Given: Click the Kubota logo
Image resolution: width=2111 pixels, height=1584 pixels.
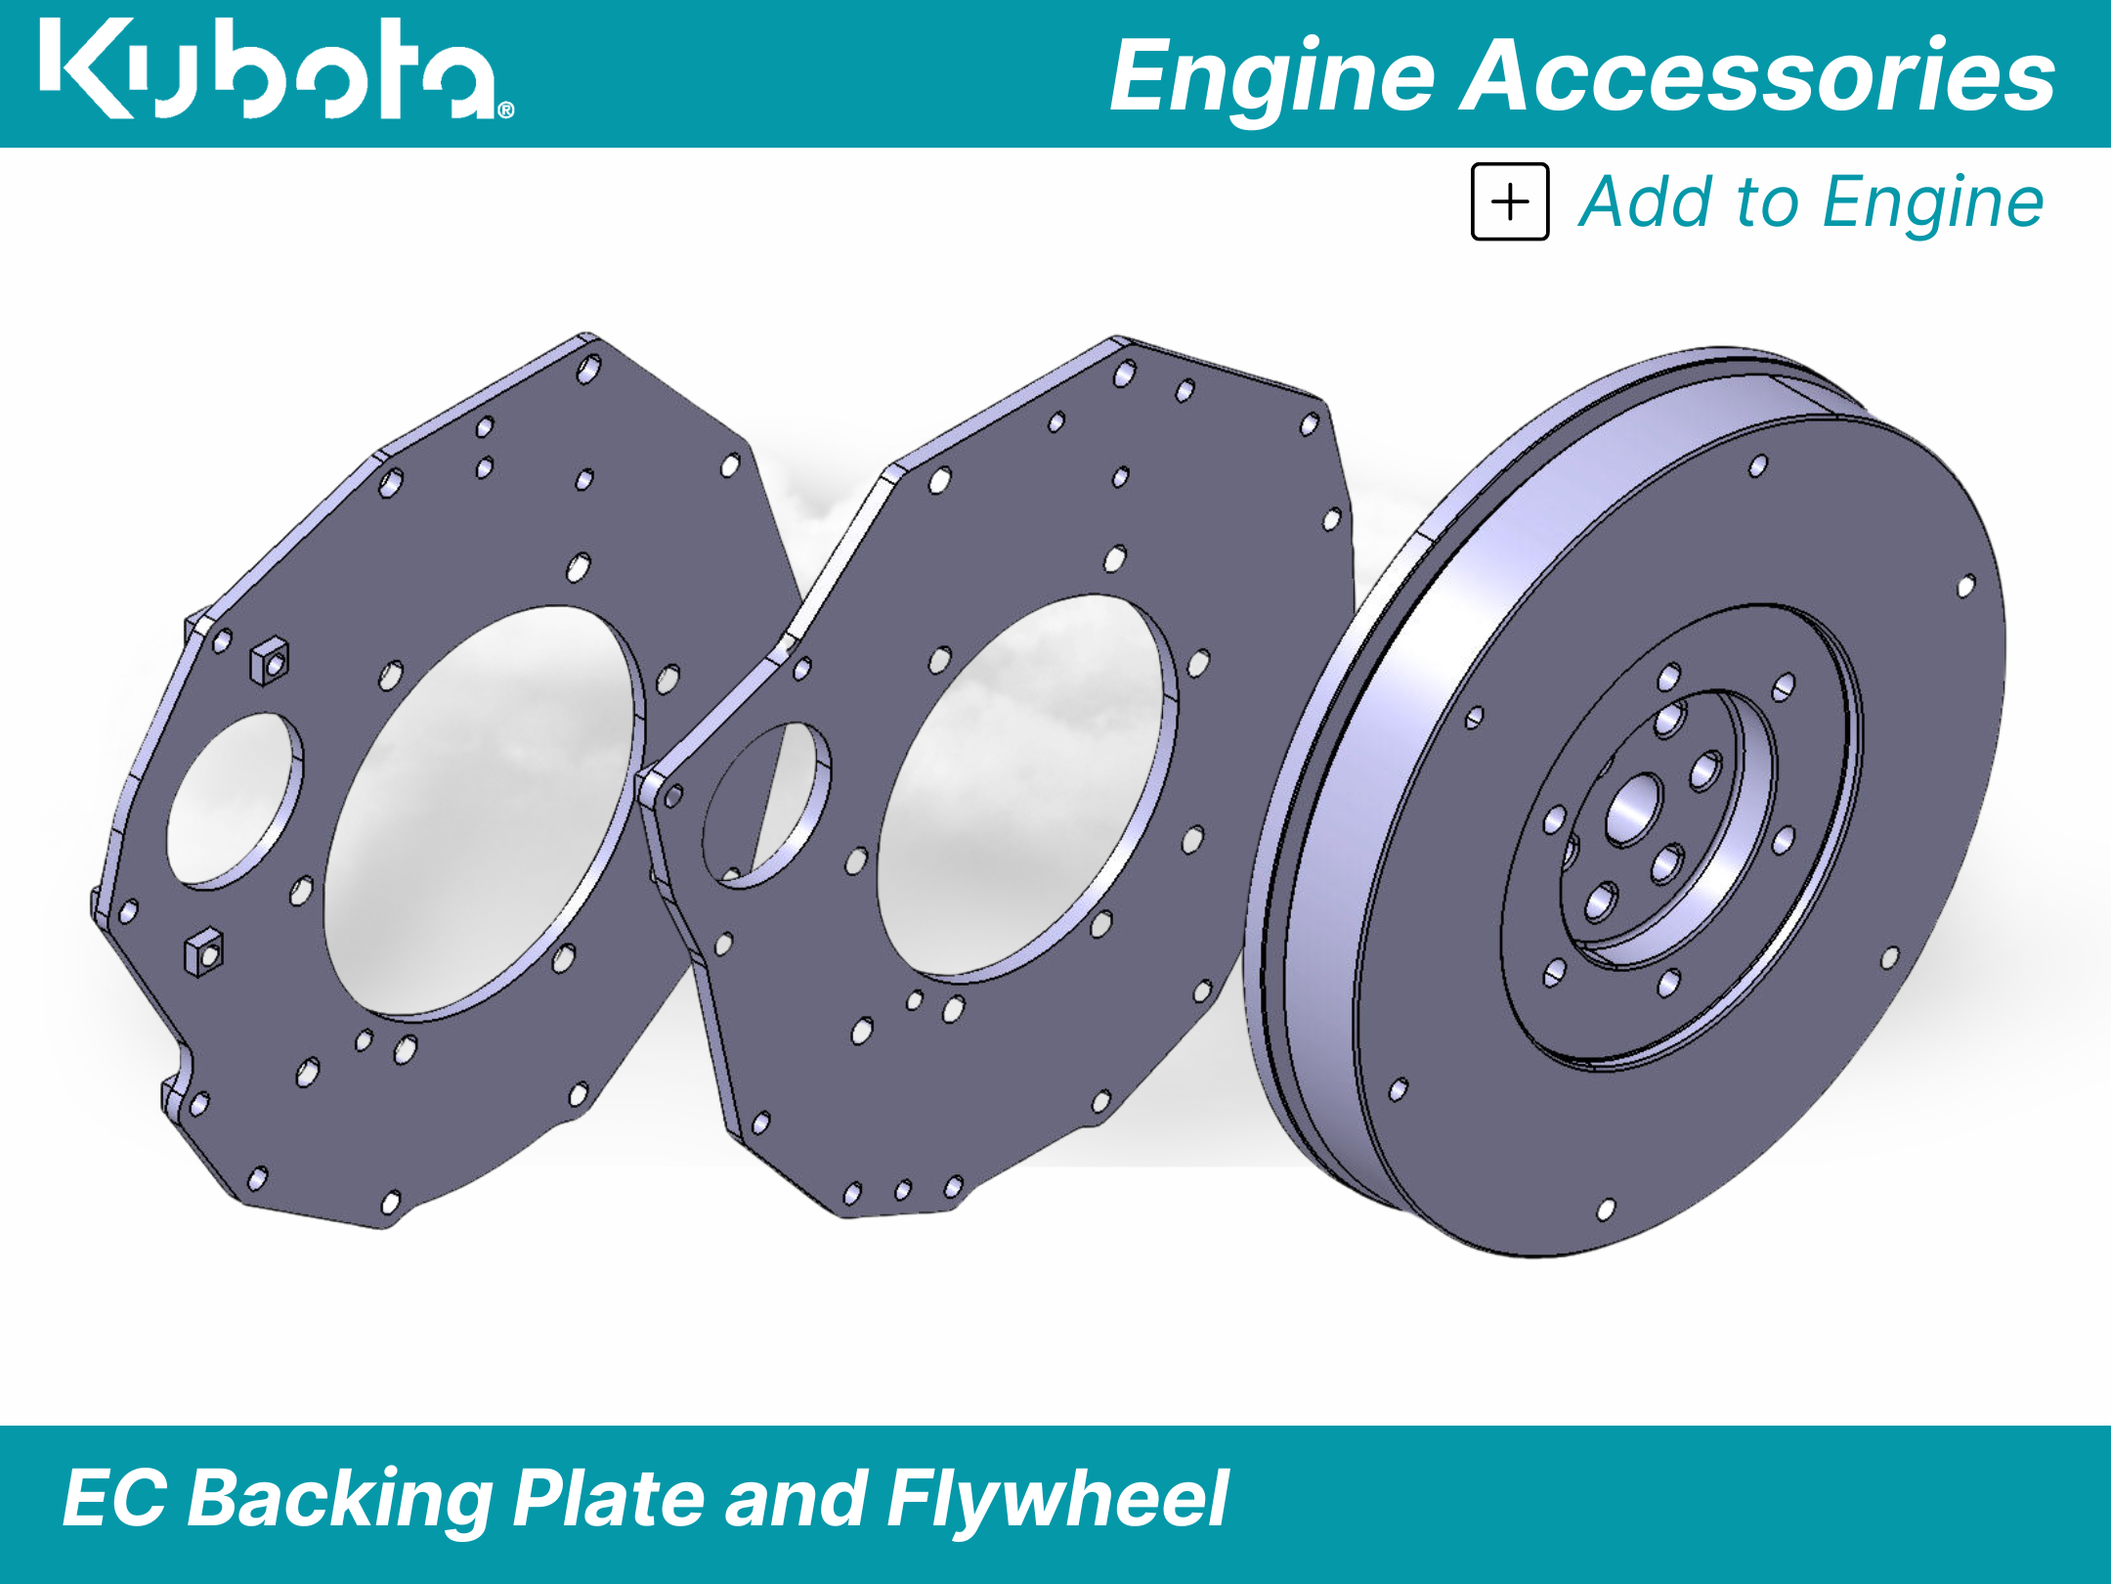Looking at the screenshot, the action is point(277,69).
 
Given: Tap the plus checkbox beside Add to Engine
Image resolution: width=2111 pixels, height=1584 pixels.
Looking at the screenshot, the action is point(1510,201).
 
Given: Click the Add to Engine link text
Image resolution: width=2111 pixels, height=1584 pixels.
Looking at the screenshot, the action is point(1811,202).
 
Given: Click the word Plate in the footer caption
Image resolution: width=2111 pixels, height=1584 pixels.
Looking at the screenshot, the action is point(610,1498).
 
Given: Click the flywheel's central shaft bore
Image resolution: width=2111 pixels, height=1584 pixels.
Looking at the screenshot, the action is point(1633,810).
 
